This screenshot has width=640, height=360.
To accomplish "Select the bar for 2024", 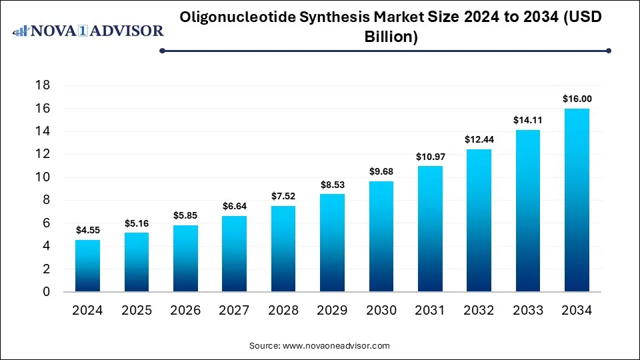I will point(87,265).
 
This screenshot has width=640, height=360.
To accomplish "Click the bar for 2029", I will point(332,243).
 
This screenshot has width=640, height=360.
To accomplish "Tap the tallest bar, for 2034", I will point(577,200).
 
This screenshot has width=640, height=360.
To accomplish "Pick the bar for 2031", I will point(430,229).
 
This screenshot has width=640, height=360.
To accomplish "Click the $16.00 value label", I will point(577,99).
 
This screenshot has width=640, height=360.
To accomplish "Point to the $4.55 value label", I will point(87,230).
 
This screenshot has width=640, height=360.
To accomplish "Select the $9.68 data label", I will point(381,171).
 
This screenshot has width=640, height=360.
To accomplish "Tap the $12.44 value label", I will point(479,139).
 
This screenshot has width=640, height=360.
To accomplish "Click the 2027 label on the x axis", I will point(234,310).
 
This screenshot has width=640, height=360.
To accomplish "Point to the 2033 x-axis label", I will point(528,310).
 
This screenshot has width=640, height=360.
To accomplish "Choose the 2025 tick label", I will point(137,310).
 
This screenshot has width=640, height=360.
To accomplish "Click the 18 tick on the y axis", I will point(43,85).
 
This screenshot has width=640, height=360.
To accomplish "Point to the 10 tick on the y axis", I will point(43,177).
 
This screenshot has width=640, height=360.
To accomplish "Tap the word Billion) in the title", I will point(391,37).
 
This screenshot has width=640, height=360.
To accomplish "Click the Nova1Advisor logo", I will point(88,31).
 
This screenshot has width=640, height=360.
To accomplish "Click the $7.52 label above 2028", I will point(283,196).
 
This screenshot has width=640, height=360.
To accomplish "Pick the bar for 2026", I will point(185,258).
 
